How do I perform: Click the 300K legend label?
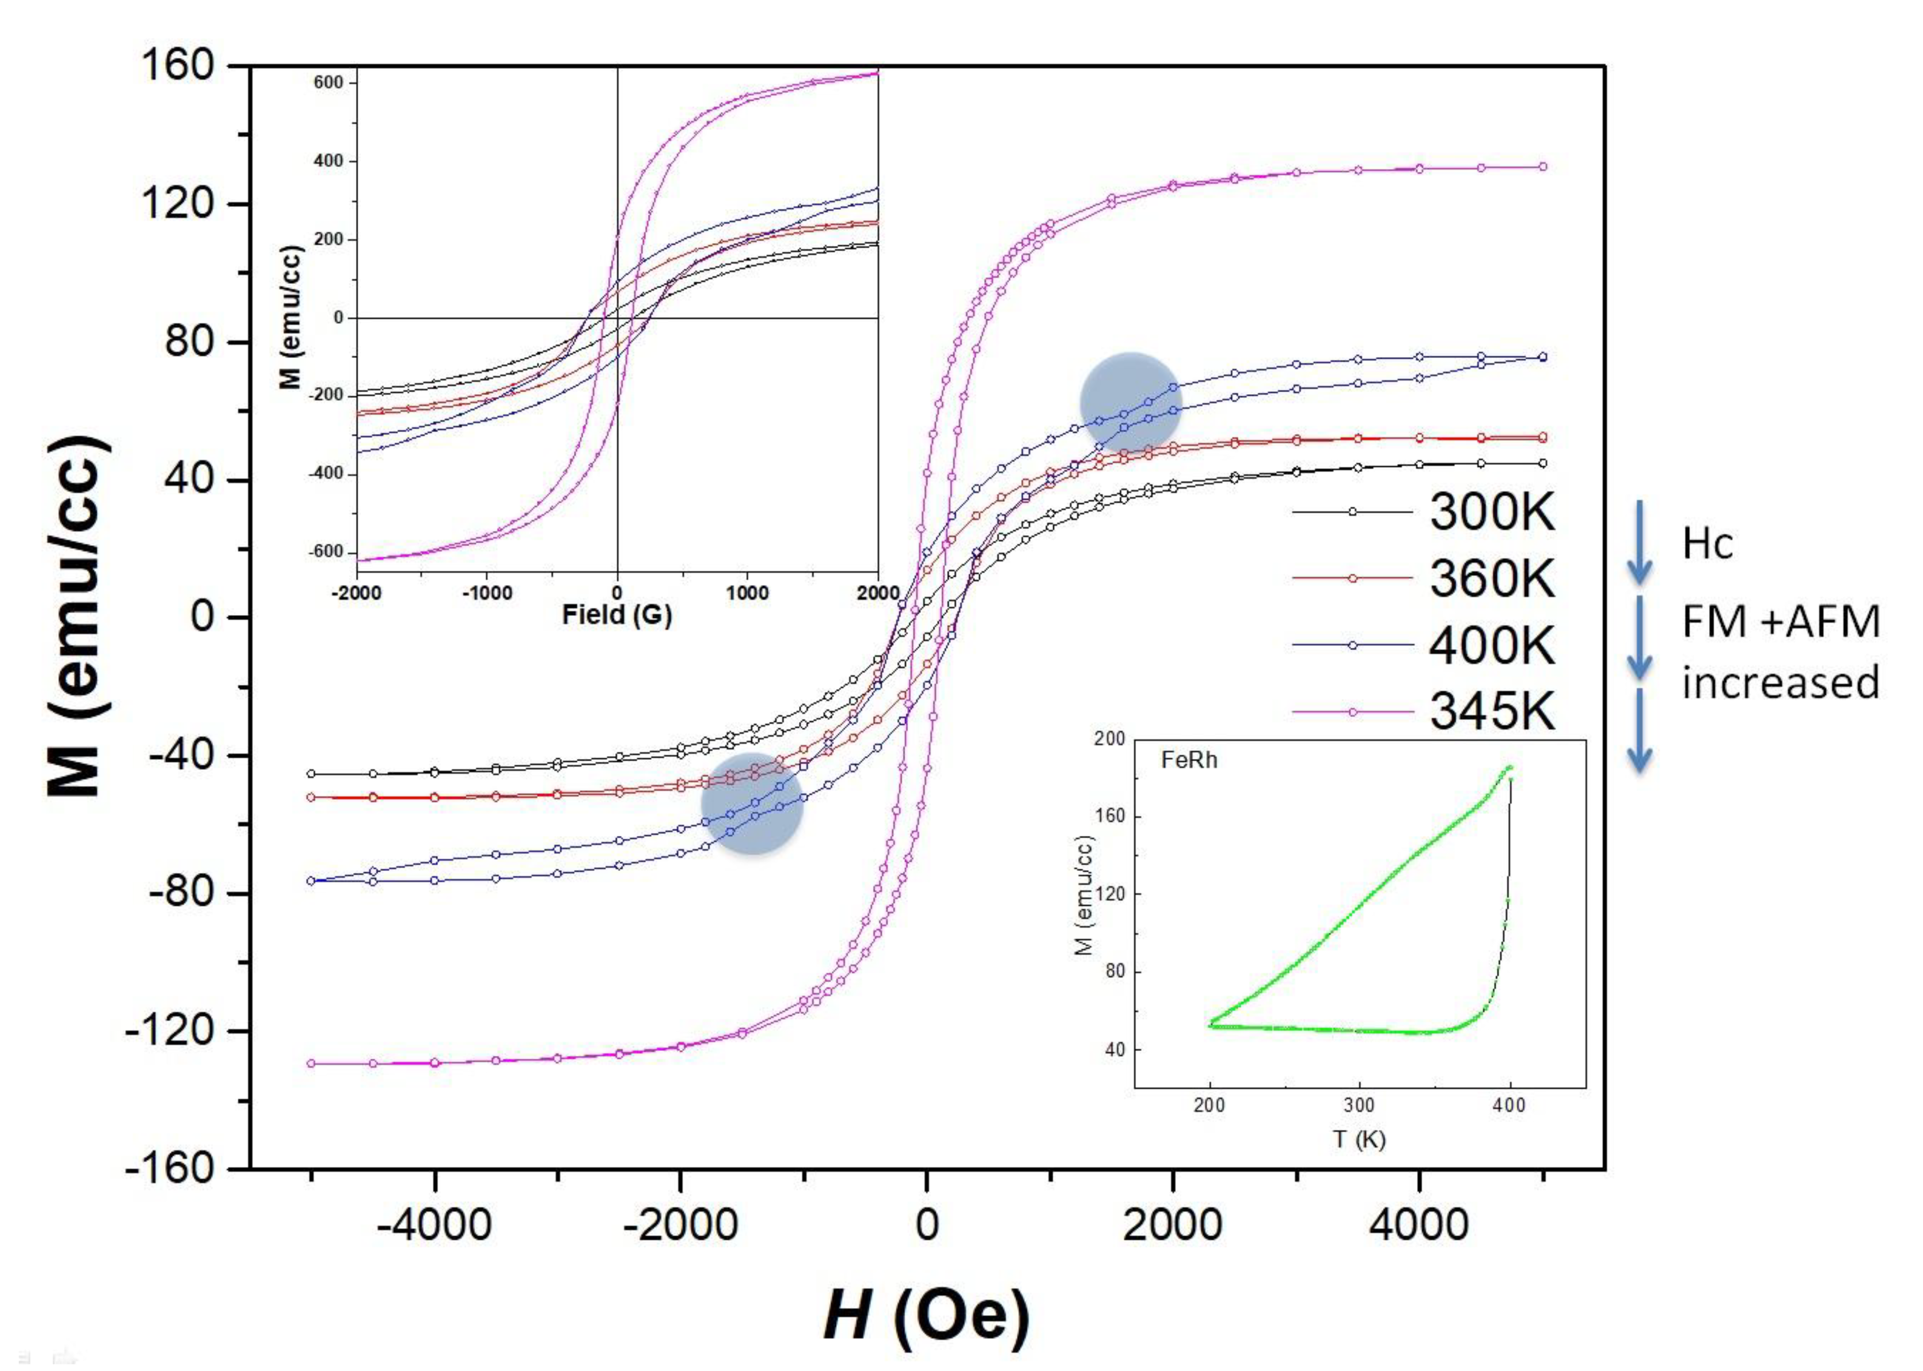click(1491, 512)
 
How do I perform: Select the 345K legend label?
click(1491, 712)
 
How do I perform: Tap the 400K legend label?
click(1491, 646)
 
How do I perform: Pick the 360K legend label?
click(1491, 579)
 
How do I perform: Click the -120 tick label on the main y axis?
click(169, 1031)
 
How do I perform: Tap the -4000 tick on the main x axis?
click(434, 1224)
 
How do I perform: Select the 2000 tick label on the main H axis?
click(1172, 1224)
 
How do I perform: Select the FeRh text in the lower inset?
click(1189, 761)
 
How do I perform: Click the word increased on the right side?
click(1781, 682)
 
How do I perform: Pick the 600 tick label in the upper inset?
click(328, 83)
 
